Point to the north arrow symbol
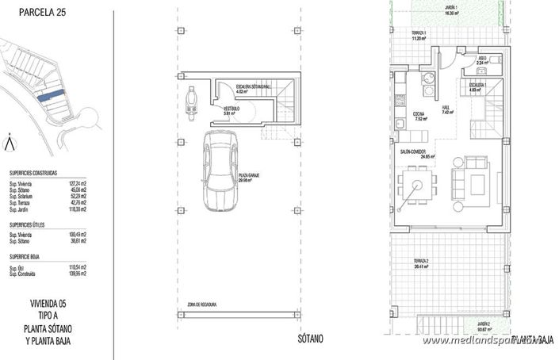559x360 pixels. click(9, 143)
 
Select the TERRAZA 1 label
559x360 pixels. click(419, 34)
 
